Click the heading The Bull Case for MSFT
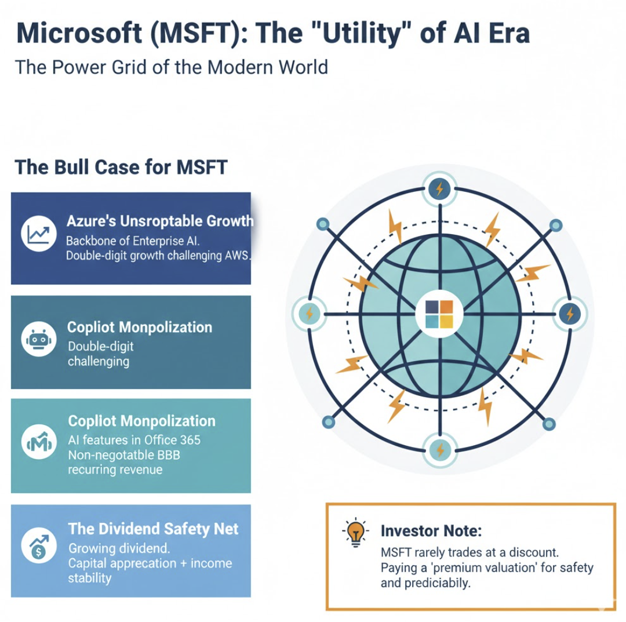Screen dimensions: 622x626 [121, 167]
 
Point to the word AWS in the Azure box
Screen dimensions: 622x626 [235, 256]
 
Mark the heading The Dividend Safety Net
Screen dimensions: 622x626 [153, 529]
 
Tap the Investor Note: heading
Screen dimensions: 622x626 [431, 530]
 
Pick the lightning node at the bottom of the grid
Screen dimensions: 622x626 [439, 449]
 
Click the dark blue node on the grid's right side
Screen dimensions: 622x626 [569, 314]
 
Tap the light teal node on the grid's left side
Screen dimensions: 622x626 [308, 314]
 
